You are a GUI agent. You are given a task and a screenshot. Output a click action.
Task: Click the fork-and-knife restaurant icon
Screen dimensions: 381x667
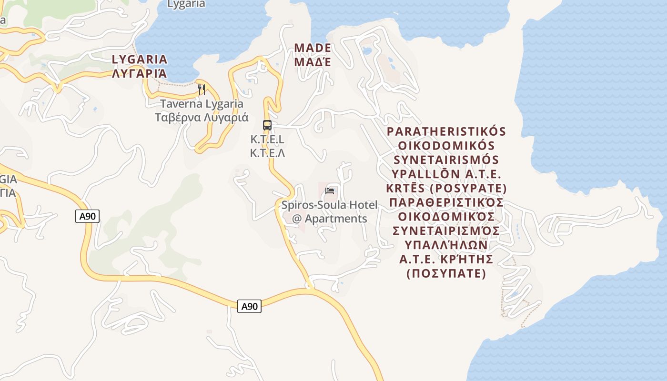coord(202,89)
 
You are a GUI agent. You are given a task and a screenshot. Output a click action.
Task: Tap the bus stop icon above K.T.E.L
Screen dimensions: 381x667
coord(267,125)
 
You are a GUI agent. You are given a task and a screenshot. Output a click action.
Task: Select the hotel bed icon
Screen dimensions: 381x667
coord(330,191)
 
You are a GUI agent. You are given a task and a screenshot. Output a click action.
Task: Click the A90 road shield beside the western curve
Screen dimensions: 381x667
coord(87,216)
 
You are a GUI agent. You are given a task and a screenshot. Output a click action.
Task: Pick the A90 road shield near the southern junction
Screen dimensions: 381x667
coord(249,306)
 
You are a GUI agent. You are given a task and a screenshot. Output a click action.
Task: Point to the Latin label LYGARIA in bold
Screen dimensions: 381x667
coord(140,60)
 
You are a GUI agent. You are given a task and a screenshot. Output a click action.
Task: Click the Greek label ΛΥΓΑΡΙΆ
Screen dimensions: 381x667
coord(140,73)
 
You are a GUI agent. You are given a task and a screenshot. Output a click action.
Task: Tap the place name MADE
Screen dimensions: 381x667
coord(313,48)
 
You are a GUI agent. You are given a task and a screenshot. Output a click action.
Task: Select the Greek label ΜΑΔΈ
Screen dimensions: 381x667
coord(313,62)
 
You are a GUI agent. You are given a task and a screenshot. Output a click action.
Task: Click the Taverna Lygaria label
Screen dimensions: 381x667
coord(202,104)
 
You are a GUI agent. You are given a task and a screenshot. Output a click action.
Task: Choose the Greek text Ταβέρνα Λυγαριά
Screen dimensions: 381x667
coord(202,117)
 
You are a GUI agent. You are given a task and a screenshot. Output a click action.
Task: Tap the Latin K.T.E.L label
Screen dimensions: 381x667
coord(267,140)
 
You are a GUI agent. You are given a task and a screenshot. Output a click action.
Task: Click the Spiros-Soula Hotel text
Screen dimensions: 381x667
coord(329,205)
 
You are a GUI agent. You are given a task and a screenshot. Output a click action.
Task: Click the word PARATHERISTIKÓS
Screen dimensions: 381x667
coord(446,131)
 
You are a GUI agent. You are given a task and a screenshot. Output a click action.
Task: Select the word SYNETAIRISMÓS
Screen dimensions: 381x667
coord(446,159)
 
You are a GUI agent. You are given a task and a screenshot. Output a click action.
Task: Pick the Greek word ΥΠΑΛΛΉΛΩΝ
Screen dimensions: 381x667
coord(446,245)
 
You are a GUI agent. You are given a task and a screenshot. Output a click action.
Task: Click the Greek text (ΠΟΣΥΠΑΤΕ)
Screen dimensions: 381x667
coord(446,274)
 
